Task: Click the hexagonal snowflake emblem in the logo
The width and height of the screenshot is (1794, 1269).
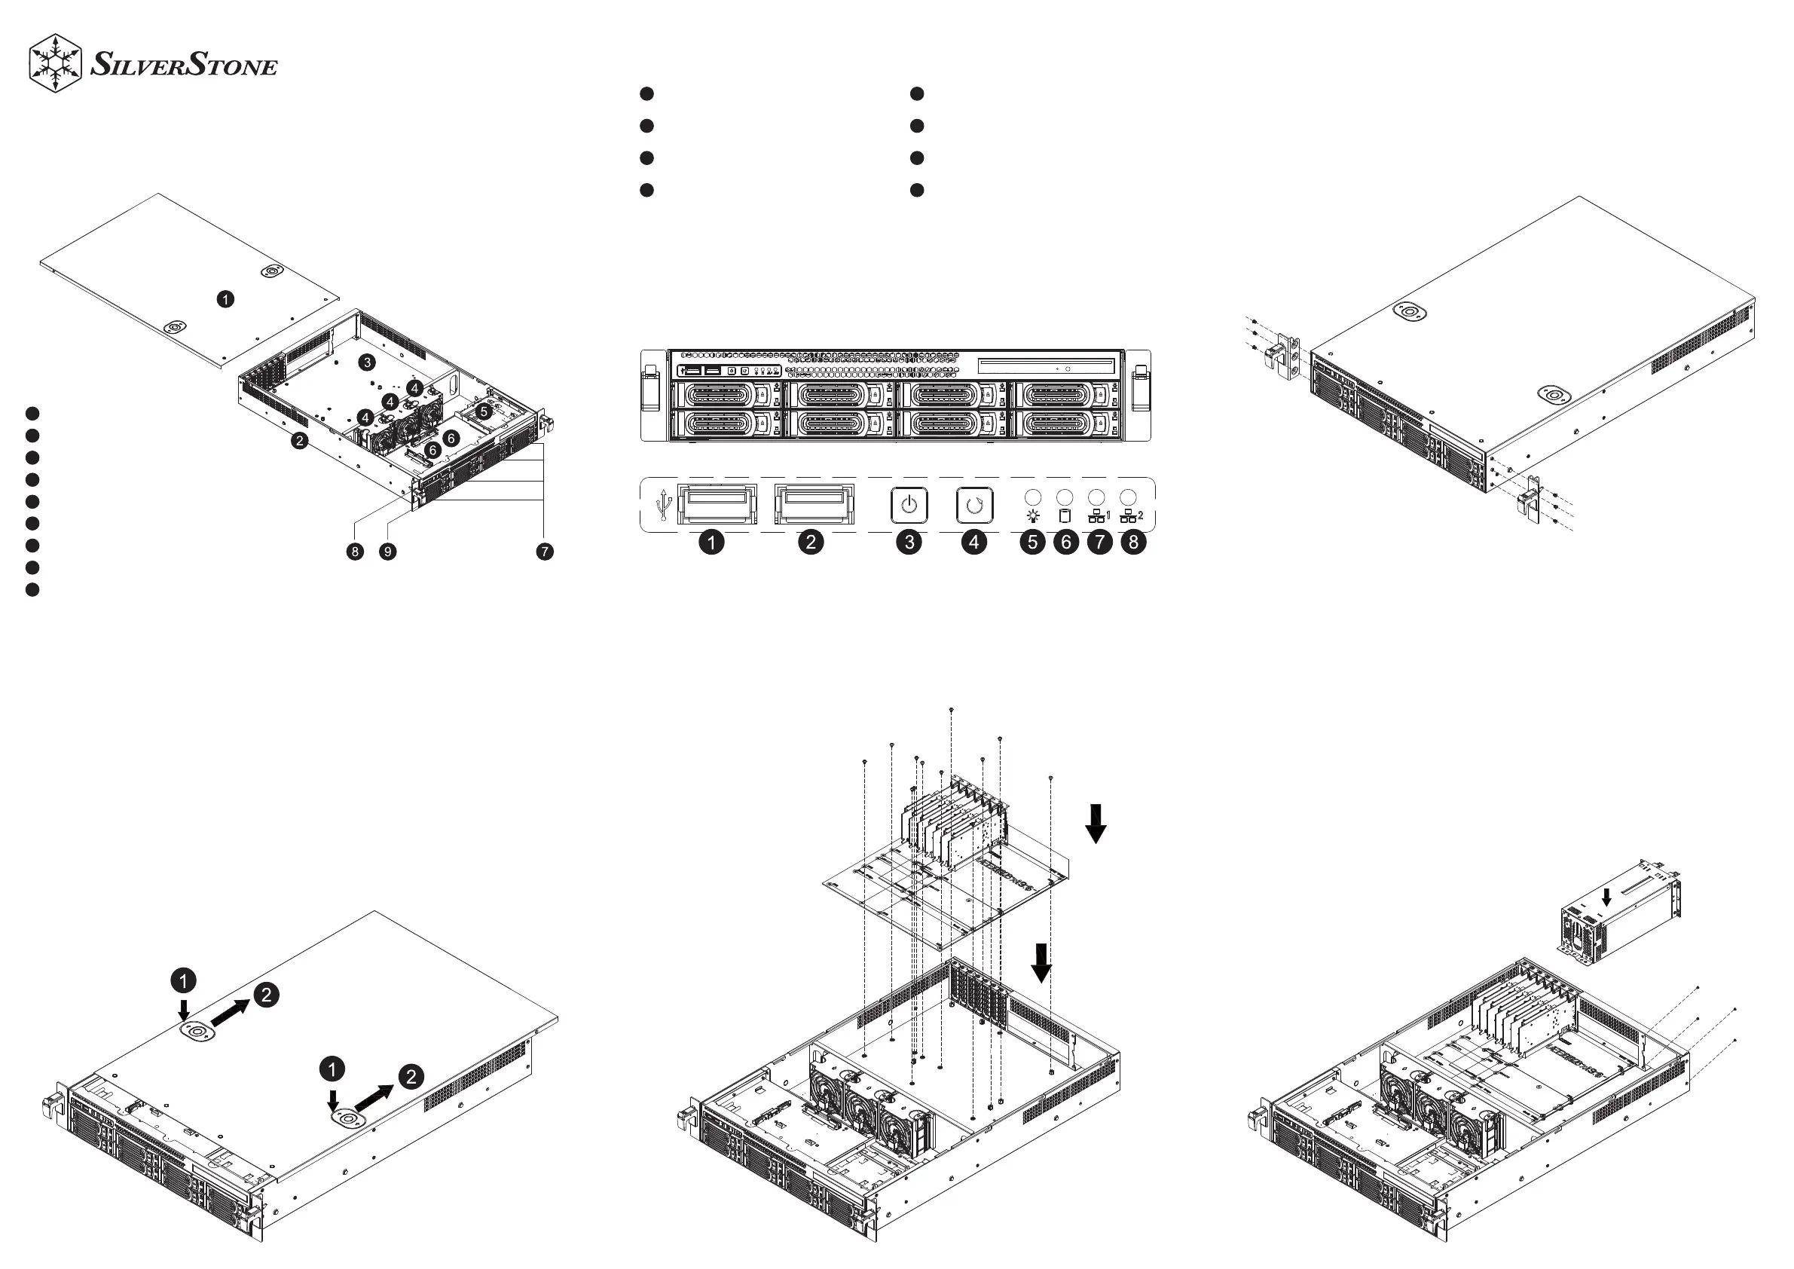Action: (56, 63)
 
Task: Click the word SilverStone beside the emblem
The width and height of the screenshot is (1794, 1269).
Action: (184, 64)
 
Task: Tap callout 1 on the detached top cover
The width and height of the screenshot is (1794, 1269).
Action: (225, 299)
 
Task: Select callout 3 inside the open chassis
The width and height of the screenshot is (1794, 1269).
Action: (366, 362)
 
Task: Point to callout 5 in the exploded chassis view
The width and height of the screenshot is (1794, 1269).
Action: (484, 411)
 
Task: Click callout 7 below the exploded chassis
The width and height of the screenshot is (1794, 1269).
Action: (545, 552)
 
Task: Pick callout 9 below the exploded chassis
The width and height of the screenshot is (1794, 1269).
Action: (387, 552)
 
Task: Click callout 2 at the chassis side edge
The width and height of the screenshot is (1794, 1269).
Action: (299, 441)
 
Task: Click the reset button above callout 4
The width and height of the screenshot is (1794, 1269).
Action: (974, 506)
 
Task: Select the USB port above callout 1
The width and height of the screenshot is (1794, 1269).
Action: (717, 504)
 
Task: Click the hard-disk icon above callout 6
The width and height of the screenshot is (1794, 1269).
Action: (1064, 515)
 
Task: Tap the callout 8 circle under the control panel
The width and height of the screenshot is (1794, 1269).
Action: (1133, 543)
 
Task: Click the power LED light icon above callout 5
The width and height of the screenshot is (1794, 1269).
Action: (1033, 515)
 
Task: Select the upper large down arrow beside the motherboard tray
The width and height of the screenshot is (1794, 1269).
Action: (1096, 824)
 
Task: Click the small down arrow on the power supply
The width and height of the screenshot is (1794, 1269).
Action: (1606, 897)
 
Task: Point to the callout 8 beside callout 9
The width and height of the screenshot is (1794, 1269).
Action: (356, 552)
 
